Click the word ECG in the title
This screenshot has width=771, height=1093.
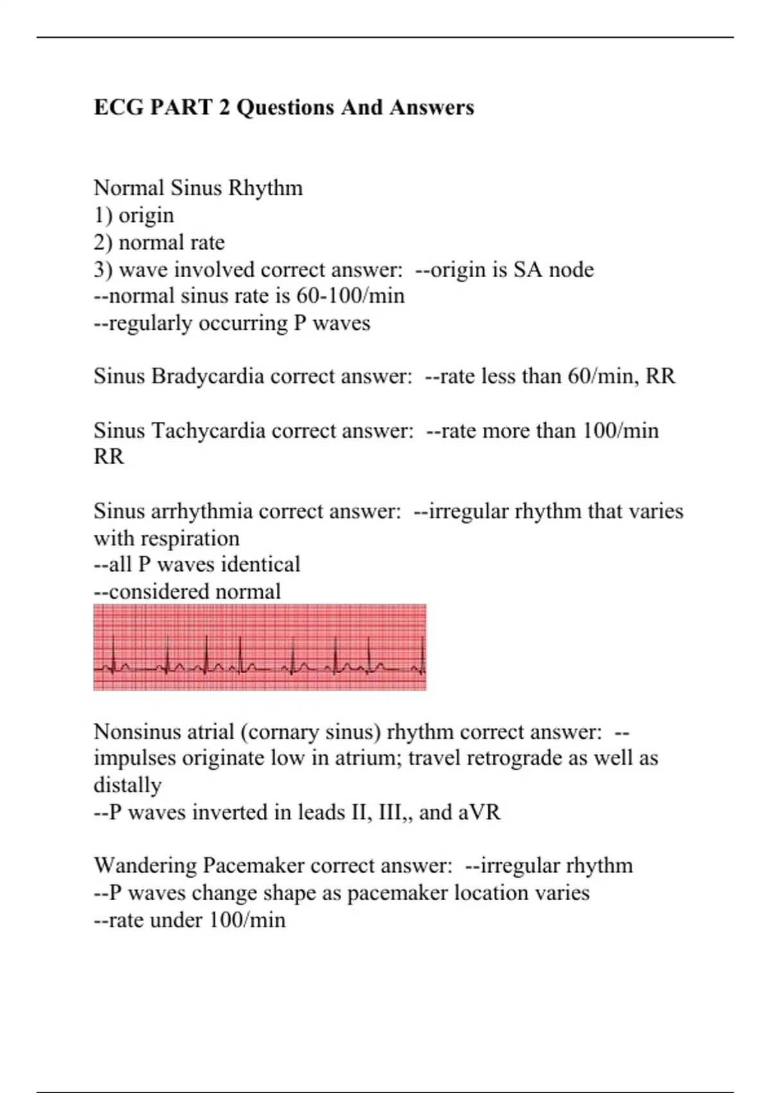click(x=119, y=107)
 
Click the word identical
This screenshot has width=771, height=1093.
click(x=260, y=565)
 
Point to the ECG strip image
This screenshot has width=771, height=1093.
click(x=260, y=647)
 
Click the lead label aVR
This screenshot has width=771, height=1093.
click(x=479, y=812)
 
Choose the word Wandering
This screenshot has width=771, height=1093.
click(x=145, y=865)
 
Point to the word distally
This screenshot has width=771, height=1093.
click(x=127, y=785)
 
